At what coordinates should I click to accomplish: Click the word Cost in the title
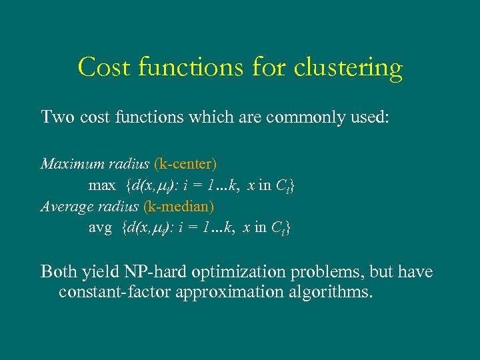pyautogui.click(x=99, y=68)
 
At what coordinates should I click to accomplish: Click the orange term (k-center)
pyautogui.click(x=185, y=164)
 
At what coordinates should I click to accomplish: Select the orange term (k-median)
pyautogui.click(x=179, y=207)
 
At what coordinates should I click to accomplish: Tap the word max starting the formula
pyautogui.click(x=100, y=185)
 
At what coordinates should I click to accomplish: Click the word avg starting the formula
pyautogui.click(x=100, y=228)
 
